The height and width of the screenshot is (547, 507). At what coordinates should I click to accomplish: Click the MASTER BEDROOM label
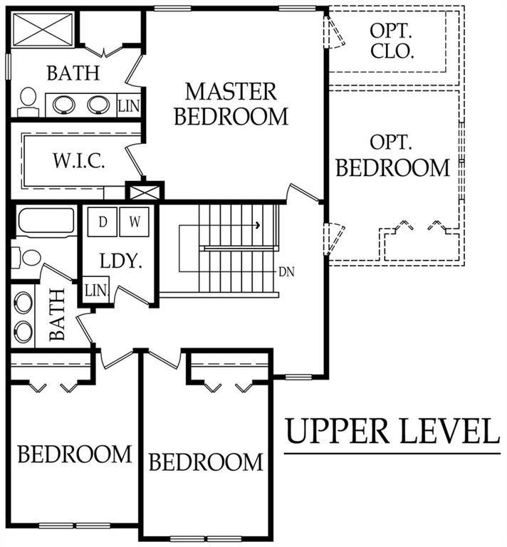[231, 103]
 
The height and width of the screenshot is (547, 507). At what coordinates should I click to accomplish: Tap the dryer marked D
[102, 222]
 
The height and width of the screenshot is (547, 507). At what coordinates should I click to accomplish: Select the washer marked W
[135, 222]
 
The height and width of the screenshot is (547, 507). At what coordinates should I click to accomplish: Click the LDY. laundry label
[120, 261]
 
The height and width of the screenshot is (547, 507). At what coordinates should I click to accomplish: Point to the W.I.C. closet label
[79, 160]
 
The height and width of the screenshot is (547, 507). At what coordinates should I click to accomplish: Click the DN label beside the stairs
[286, 272]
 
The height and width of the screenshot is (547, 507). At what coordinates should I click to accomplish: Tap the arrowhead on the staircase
[258, 225]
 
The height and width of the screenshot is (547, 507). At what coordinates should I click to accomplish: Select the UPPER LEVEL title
[393, 431]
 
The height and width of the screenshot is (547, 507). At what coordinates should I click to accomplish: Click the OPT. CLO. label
[392, 41]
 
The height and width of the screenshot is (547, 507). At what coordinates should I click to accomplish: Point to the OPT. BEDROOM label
[392, 155]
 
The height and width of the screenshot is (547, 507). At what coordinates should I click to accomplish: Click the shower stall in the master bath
[43, 29]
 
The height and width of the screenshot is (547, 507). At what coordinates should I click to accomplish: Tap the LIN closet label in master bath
[129, 105]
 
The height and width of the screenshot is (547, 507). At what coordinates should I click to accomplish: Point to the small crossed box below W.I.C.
[145, 191]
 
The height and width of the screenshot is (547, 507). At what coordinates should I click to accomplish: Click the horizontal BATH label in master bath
[73, 73]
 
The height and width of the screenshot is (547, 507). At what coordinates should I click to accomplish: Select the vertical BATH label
[57, 315]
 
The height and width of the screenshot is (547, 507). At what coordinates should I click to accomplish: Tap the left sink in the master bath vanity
[63, 105]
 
